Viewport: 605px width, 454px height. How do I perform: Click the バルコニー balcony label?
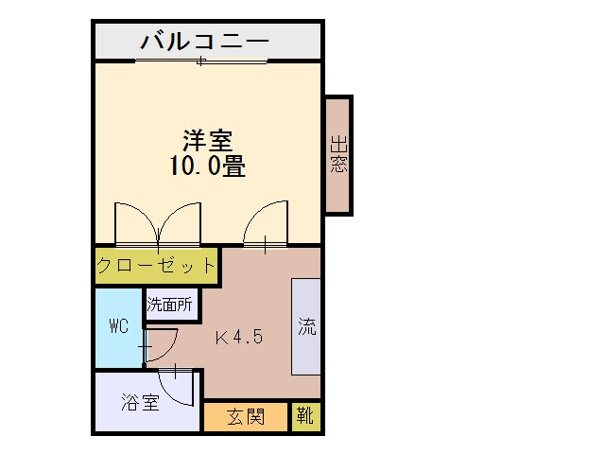(x=204, y=41)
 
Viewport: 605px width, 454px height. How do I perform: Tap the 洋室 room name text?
(x=208, y=141)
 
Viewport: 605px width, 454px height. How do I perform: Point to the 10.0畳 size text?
(x=208, y=166)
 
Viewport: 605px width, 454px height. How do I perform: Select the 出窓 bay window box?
(x=338, y=155)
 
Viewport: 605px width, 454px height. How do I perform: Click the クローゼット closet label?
(x=155, y=265)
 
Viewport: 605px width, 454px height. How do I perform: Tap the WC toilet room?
(x=119, y=328)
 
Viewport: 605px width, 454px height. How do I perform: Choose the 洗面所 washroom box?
(x=172, y=305)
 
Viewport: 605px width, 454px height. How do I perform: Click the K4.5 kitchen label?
(x=239, y=337)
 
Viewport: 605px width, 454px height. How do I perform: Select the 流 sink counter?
(x=306, y=326)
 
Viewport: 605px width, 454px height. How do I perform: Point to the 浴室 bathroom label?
(x=140, y=402)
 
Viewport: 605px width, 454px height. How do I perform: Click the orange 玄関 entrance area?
(x=246, y=417)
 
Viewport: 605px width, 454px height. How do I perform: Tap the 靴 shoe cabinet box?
(x=305, y=417)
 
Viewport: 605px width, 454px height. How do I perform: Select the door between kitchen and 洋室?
(x=266, y=224)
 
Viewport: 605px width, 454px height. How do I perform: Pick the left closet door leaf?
(x=137, y=224)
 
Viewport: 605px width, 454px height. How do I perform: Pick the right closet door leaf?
(x=180, y=224)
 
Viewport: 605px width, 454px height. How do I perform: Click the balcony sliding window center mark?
(x=200, y=61)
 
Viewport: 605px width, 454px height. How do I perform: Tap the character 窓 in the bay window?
(x=338, y=164)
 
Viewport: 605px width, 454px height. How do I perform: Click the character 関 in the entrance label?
(x=255, y=417)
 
